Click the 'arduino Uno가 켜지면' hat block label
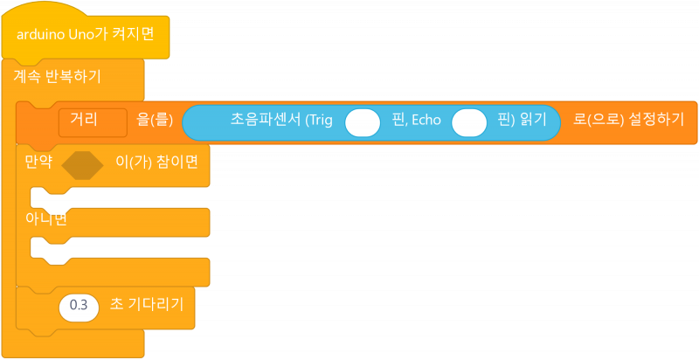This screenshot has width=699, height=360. coord(86,36)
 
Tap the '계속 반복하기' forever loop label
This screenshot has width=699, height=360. coord(57,76)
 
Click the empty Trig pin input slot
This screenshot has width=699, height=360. coord(362,122)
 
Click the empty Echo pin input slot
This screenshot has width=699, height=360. coord(469,122)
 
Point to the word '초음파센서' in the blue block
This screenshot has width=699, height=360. coord(266,120)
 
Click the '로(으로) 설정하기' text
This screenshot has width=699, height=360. coord(628,120)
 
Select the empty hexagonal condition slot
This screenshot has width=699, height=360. coord(83,165)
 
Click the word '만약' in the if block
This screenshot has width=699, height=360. coord(38,163)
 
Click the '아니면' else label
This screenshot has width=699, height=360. coord(45,218)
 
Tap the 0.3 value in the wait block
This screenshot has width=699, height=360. coord(79,306)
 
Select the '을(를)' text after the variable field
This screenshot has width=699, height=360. coord(155,120)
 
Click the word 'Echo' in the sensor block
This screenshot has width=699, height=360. coord(425,120)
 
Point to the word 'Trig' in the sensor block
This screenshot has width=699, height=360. coord(319,120)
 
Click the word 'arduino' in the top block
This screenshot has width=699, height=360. coord(40,36)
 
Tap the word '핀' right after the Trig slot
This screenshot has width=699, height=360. coord(398,120)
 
